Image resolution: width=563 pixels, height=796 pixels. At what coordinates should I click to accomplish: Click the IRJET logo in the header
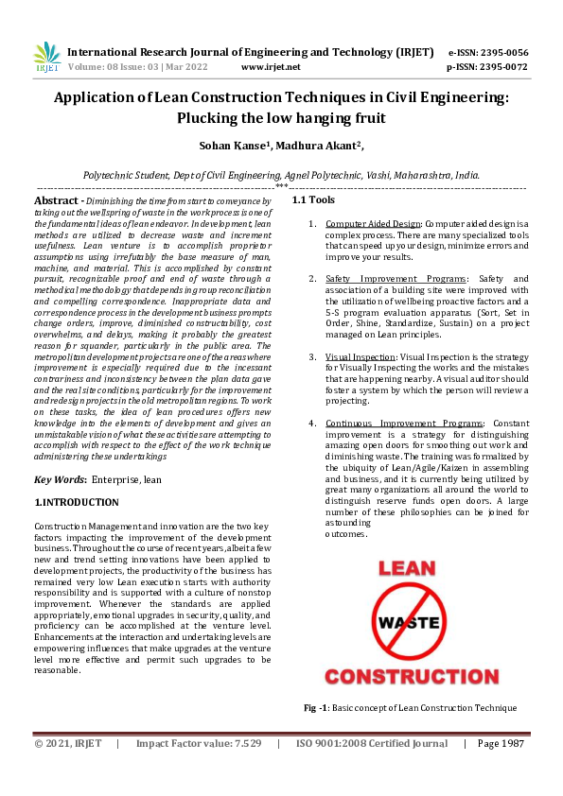[46, 59]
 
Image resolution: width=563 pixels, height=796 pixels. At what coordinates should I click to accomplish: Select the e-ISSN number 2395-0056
[501, 52]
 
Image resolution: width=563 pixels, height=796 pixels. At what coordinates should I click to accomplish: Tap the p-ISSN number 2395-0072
[501, 68]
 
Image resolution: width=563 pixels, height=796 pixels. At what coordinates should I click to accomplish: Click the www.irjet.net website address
[271, 68]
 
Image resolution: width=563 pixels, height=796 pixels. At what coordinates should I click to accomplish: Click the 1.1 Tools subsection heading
[313, 200]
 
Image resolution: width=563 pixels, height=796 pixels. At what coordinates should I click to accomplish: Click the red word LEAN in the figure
[407, 569]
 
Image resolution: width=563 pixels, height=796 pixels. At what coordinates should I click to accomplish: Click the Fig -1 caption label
[316, 708]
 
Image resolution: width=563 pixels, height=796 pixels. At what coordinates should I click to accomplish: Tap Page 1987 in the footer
[501, 744]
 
